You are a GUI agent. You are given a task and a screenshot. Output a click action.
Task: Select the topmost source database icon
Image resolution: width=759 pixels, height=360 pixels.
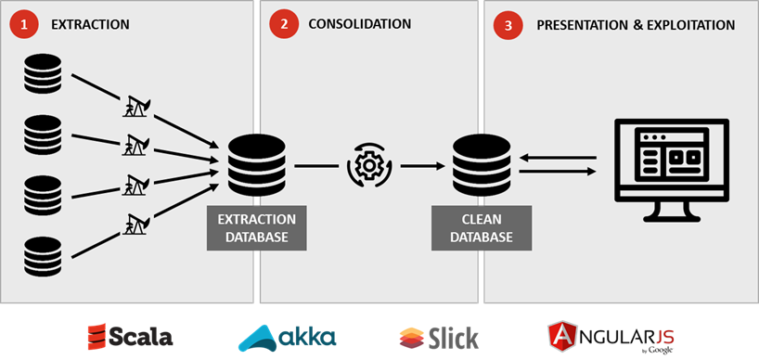click(43, 74)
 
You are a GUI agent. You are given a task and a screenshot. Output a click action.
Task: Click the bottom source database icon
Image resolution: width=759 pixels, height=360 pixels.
click(43, 257)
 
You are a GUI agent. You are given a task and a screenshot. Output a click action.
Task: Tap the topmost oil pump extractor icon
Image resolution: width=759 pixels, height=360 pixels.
click(135, 107)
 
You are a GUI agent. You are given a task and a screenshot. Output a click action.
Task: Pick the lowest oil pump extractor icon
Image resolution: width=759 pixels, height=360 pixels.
click(135, 223)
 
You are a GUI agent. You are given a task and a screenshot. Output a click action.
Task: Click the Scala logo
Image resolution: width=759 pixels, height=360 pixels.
click(130, 336)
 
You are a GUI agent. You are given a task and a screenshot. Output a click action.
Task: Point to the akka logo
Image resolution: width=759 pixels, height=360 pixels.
click(287, 336)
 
